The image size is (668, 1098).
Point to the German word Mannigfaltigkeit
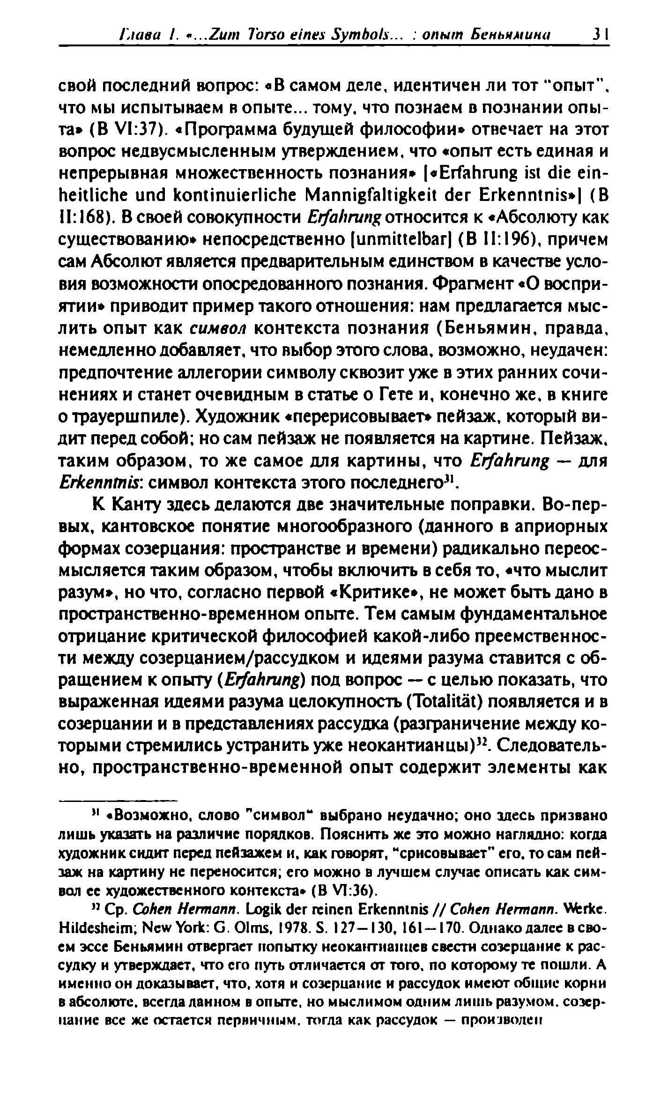click(354, 195)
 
